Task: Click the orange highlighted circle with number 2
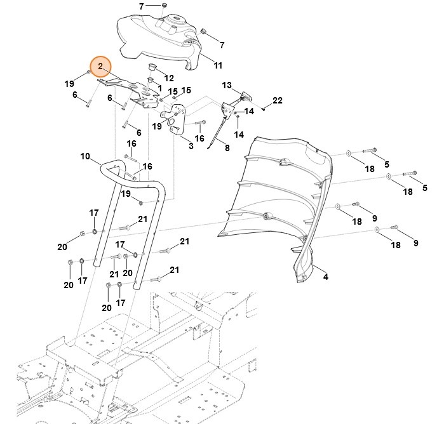pos(100,66)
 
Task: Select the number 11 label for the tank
pos(218,65)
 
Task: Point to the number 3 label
pos(191,146)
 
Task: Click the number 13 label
pos(227,85)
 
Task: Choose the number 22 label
pos(277,101)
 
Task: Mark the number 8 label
pos(227,148)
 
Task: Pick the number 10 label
pos(86,156)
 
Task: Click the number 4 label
pos(325,277)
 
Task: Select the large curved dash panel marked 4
pos(279,190)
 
